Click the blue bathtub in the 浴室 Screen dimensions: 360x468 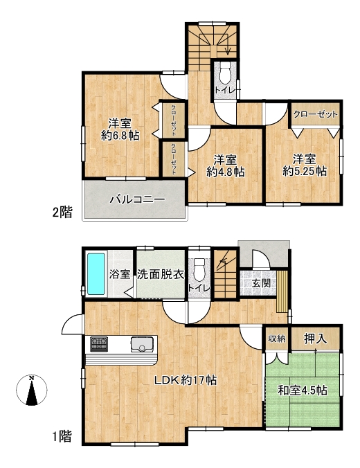point(96,274)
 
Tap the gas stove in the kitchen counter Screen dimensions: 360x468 point(99,343)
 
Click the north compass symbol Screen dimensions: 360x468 point(31,390)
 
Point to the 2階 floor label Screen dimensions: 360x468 point(62,213)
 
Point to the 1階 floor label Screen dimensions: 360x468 point(62,437)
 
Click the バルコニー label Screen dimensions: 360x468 point(137,199)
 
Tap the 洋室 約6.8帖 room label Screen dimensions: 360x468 point(120,129)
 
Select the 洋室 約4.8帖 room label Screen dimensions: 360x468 point(226,165)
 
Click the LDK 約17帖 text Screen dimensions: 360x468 point(185,380)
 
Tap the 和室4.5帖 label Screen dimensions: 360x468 point(303,390)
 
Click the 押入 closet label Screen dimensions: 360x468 point(316,339)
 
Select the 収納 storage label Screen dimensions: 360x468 point(277,339)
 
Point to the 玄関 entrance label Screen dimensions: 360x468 point(261,283)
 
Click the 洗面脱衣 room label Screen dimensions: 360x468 point(161,274)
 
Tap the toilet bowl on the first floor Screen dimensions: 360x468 point(199,269)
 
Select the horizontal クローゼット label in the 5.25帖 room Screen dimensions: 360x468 point(315,114)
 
